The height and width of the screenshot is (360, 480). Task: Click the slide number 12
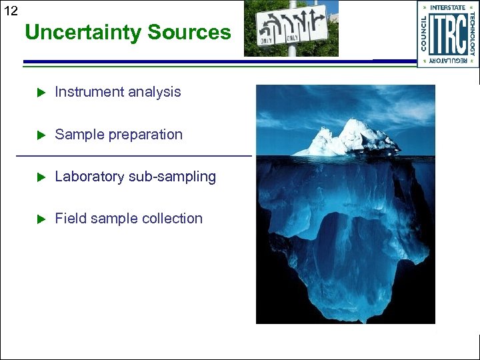(x=11, y=11)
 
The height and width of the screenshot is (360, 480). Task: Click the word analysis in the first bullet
(x=154, y=92)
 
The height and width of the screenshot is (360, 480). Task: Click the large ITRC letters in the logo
(x=447, y=35)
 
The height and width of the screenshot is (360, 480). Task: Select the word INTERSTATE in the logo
(x=447, y=7)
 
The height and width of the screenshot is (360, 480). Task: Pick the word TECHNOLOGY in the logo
(x=472, y=34)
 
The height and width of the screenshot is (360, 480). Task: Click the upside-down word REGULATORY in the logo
(x=447, y=61)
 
